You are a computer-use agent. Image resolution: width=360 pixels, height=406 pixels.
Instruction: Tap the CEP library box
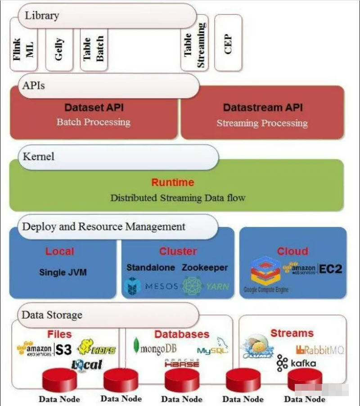point(228,44)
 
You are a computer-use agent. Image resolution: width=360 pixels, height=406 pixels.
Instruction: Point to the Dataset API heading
point(94,108)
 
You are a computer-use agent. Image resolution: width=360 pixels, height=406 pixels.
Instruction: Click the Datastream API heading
point(263,108)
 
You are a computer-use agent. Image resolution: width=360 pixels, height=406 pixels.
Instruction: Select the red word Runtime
point(173,182)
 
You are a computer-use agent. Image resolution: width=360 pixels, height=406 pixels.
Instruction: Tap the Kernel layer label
point(39,157)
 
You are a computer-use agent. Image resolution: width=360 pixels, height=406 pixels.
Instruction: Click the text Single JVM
point(63,272)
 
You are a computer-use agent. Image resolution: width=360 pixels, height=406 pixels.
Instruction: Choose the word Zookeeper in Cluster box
point(205,267)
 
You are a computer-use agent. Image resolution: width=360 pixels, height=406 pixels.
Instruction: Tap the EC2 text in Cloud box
point(331,269)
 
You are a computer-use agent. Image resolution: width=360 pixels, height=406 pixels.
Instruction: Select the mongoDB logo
point(155,347)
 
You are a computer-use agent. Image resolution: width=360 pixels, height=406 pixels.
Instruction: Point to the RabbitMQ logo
point(320,349)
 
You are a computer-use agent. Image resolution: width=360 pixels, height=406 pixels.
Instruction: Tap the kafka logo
point(297,363)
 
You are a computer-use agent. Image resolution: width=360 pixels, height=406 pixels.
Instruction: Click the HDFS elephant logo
point(97,348)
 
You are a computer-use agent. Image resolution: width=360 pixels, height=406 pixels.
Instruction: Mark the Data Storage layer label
point(52,315)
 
